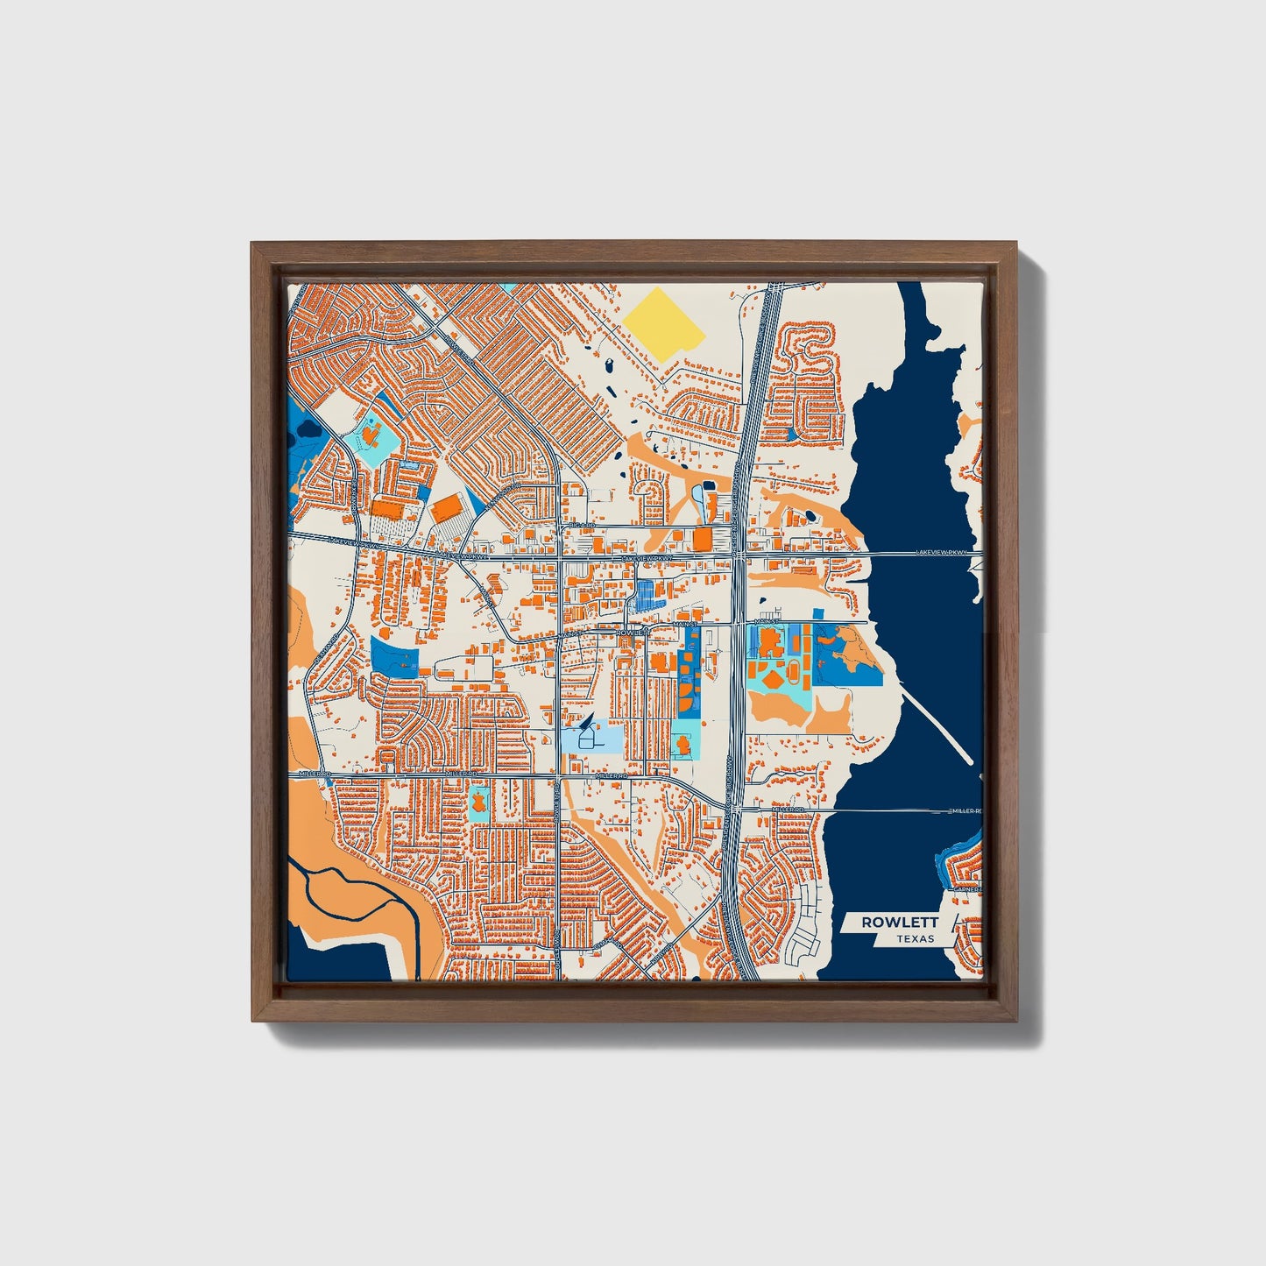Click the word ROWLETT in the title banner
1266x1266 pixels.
900,922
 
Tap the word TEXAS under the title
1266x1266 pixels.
915,938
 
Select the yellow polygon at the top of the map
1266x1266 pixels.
665,321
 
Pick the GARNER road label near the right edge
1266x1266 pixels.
967,888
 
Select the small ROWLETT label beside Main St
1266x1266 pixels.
630,632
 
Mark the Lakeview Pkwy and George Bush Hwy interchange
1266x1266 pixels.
739,554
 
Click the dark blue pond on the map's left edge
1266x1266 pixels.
308,430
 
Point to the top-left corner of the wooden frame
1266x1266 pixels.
253,244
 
